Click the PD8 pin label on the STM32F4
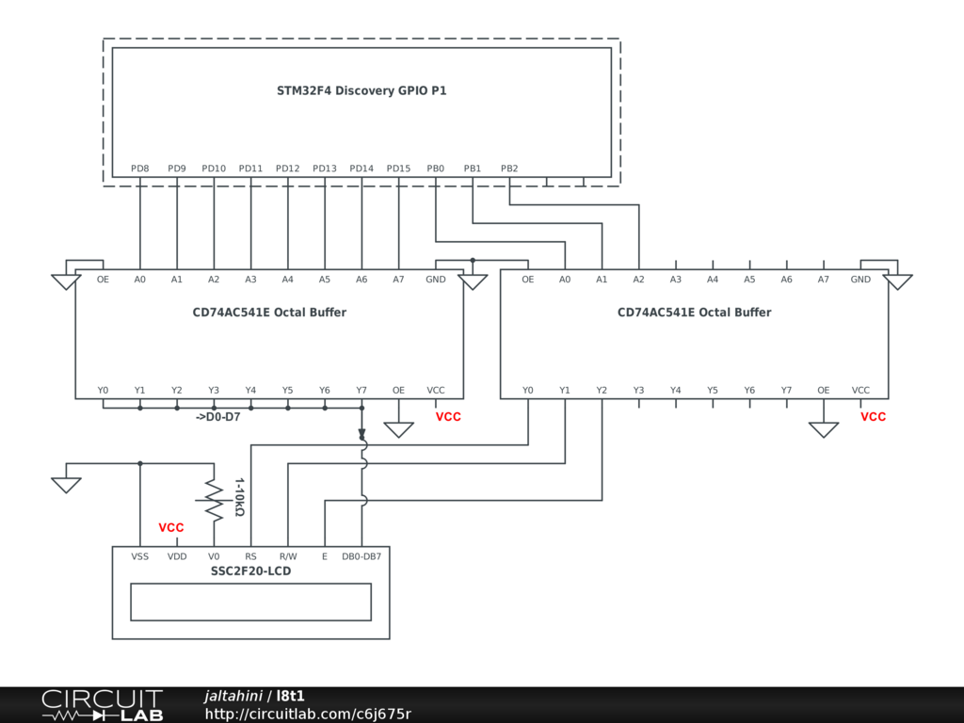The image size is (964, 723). pyautogui.click(x=139, y=169)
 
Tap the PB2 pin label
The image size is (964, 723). pyautogui.click(x=509, y=169)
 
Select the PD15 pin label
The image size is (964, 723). pyautogui.click(x=398, y=169)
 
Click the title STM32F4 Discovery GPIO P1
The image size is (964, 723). pyautogui.click(x=361, y=91)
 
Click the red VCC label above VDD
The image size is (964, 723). pyautogui.click(x=171, y=528)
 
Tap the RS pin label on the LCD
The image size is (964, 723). pyautogui.click(x=250, y=556)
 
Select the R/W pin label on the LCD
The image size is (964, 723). pyautogui.click(x=288, y=556)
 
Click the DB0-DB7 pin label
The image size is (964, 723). pyautogui.click(x=361, y=556)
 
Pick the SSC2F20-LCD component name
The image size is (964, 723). pyautogui.click(x=250, y=570)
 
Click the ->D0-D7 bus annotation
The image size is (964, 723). pyautogui.click(x=217, y=416)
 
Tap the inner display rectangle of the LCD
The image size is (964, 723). pyautogui.click(x=250, y=602)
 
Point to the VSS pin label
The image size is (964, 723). pyautogui.click(x=139, y=556)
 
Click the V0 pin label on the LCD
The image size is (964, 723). pyautogui.click(x=214, y=556)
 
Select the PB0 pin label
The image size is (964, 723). pyautogui.click(x=435, y=169)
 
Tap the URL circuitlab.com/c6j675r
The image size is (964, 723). pyautogui.click(x=308, y=714)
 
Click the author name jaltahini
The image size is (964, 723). pyautogui.click(x=233, y=696)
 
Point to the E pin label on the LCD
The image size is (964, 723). pyautogui.click(x=325, y=556)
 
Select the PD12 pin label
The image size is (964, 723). pyautogui.click(x=287, y=169)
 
